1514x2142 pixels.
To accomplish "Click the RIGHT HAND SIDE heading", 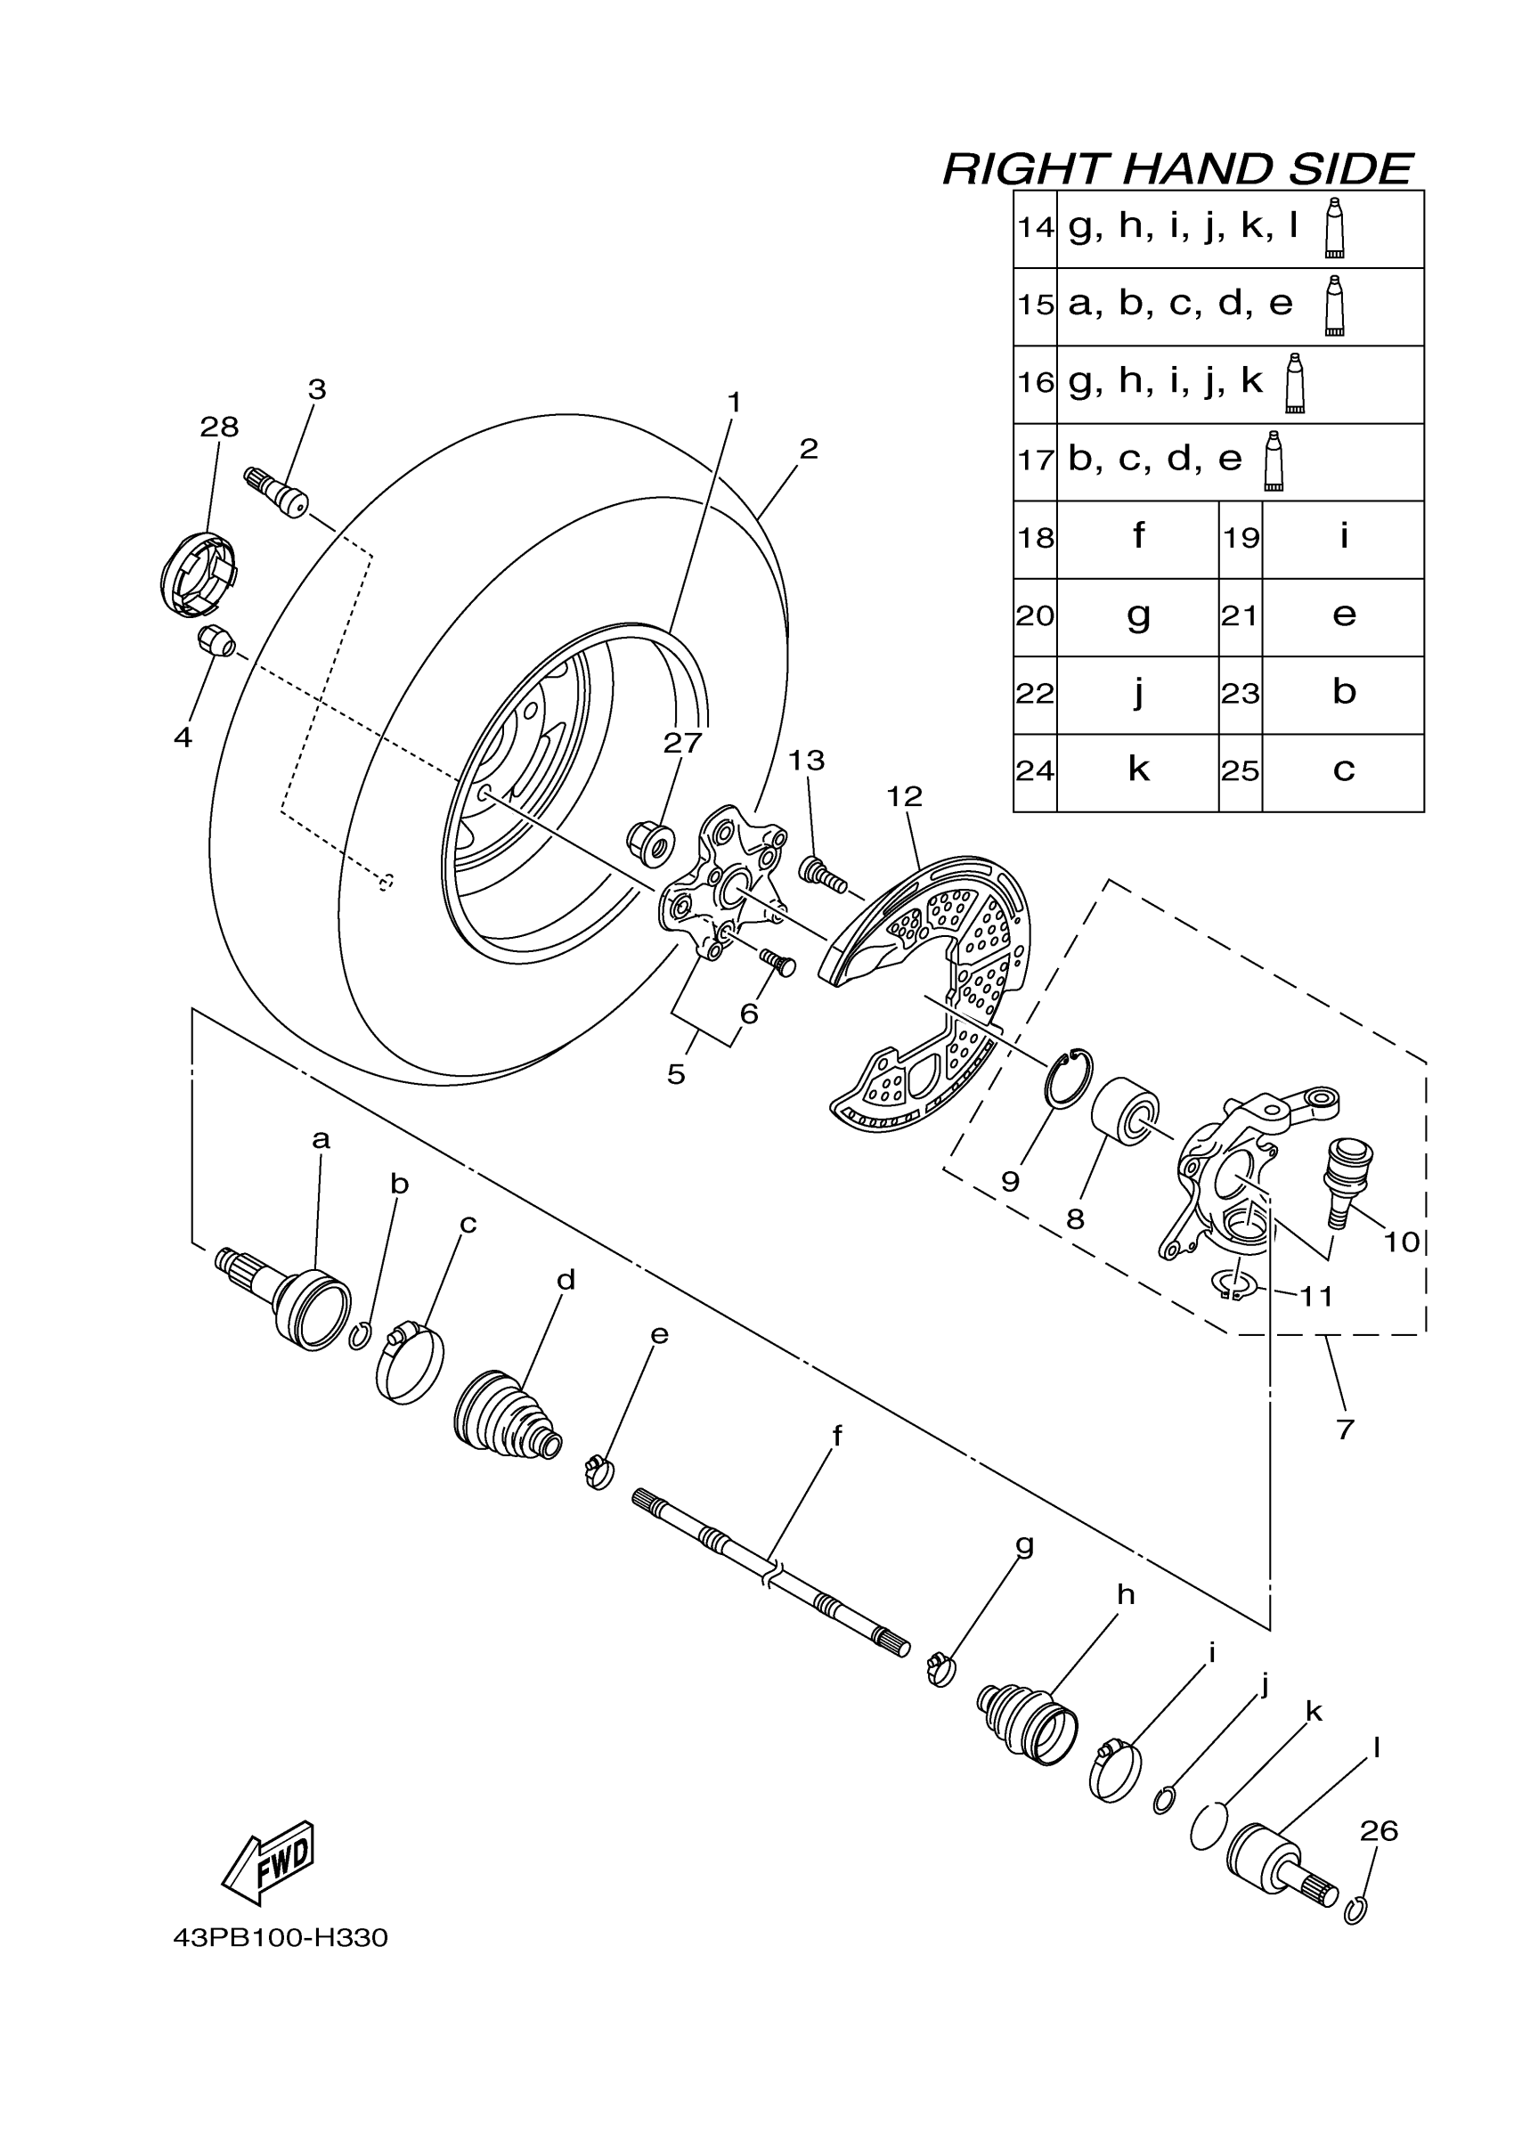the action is tap(1178, 169).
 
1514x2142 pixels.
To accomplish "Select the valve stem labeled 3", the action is tap(277, 493).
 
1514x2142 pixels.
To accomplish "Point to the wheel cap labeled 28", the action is tap(197, 573).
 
